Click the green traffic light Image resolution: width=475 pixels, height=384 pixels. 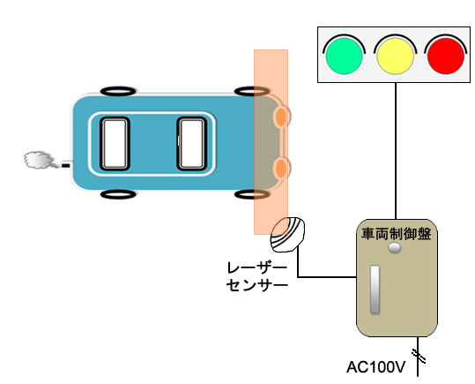tap(344, 56)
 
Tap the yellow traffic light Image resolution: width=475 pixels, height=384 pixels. tap(395, 56)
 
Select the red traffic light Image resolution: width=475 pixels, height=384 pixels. tap(446, 56)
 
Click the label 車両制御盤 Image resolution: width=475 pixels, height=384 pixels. tap(397, 234)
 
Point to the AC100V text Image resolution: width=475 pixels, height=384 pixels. tap(375, 367)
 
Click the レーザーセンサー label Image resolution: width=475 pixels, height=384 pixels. tap(257, 276)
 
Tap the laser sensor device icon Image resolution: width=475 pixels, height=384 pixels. tap(287, 234)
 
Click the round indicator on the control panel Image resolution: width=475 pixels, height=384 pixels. tap(395, 248)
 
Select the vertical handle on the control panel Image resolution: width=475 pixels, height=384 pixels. tap(375, 290)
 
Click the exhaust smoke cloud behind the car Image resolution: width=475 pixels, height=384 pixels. tap(39, 160)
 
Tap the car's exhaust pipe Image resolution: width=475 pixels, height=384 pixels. tap(67, 165)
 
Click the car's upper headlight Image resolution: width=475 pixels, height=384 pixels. tap(281, 117)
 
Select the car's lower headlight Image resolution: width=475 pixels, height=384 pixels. tap(281, 168)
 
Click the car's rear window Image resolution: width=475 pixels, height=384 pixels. tap(115, 143)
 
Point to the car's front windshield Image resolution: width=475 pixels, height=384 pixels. tap(192, 143)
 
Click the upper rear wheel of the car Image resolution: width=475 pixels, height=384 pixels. tap(118, 91)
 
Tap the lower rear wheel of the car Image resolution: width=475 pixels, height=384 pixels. tap(118, 194)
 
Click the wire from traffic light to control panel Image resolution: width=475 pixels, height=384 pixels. tap(396, 151)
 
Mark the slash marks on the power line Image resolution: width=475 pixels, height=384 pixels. tap(419, 356)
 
